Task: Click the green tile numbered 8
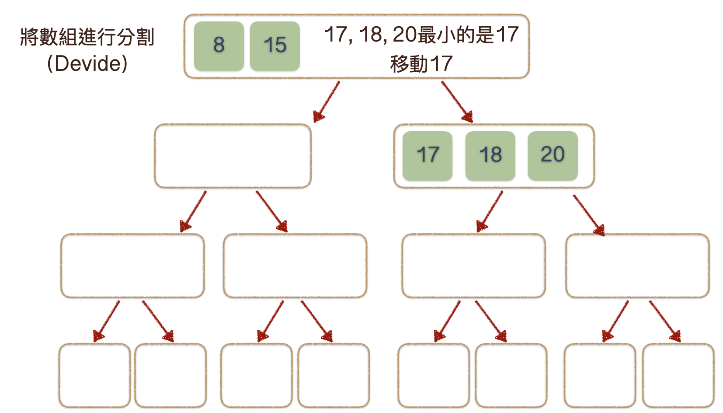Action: [219, 46]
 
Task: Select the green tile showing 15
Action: [275, 46]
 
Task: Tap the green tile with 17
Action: [427, 156]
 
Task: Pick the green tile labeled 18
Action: [490, 156]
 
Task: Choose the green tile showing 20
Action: [553, 156]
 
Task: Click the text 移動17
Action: [421, 64]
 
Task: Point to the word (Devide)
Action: [87, 63]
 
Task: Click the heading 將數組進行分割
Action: [87, 37]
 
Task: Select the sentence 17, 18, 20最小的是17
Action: [421, 35]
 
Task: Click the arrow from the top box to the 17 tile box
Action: [457, 101]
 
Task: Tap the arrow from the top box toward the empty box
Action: [326, 101]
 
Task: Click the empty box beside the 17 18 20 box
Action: [233, 156]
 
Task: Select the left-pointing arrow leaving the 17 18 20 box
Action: [490, 211]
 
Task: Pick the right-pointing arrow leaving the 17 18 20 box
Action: [588, 215]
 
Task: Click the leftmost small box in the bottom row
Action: [94, 375]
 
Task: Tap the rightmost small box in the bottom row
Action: [678, 375]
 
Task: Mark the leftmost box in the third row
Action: [132, 266]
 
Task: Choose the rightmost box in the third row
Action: [637, 266]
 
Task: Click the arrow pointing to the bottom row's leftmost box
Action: [106, 321]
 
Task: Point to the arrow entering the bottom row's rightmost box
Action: [664, 321]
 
